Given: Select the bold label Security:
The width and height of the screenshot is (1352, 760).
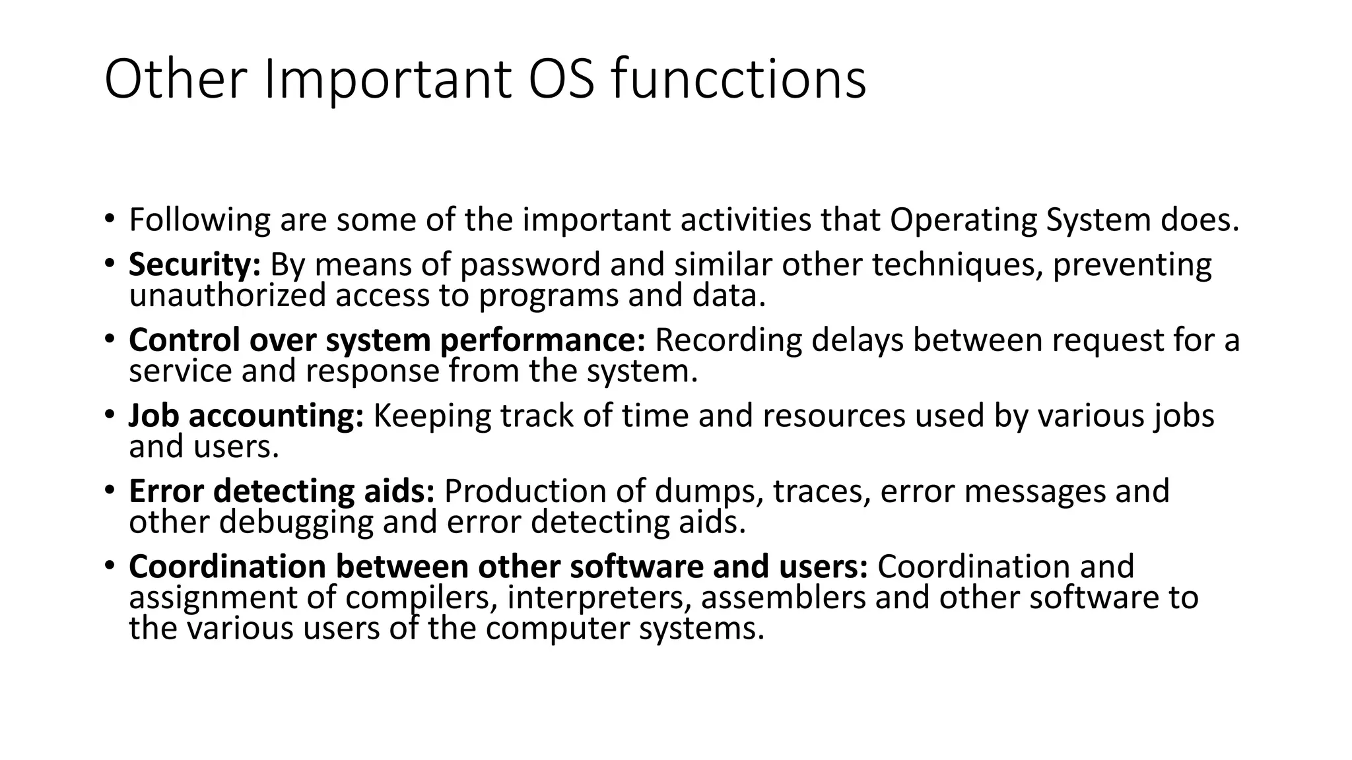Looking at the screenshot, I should pyautogui.click(x=195, y=265).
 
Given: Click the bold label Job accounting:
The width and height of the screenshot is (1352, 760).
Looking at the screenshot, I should pyautogui.click(x=246, y=416).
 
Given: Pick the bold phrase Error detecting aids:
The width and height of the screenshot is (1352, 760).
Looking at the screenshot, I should pyautogui.click(x=282, y=491).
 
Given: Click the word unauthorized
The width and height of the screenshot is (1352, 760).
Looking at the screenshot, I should pyautogui.click(x=227, y=295).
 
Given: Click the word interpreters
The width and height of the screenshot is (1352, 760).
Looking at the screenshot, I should pyautogui.click(x=600, y=598).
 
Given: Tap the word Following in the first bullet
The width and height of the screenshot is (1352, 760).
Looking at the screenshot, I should pyautogui.click(x=199, y=220).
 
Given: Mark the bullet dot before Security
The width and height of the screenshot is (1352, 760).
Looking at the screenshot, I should pyautogui.click(x=109, y=263).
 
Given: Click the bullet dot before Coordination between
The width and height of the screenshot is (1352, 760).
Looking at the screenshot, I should pyautogui.click(x=109, y=565).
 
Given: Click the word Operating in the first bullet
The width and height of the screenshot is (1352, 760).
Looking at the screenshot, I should pyautogui.click(x=963, y=220).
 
